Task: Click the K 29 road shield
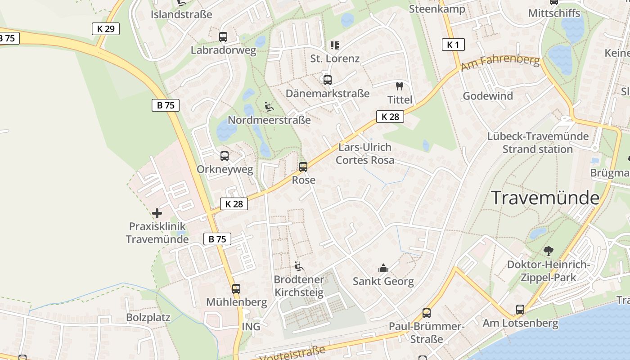click(106, 29)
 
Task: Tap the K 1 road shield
click(453, 45)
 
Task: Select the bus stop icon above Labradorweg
click(223, 37)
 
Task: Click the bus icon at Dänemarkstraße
click(328, 80)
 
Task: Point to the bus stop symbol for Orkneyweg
click(225, 156)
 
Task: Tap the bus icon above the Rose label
click(303, 167)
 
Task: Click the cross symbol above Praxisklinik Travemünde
click(157, 213)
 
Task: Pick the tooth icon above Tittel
click(399, 86)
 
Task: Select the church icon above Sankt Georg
click(383, 268)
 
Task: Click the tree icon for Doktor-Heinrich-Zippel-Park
click(548, 251)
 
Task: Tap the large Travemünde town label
click(545, 198)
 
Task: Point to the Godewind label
click(488, 96)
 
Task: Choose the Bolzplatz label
click(148, 318)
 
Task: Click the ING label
click(251, 326)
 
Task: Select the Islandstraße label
click(181, 14)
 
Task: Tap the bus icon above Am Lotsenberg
click(520, 310)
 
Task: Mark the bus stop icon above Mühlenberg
click(236, 289)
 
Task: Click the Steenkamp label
click(437, 9)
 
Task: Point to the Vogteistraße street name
click(293, 353)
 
